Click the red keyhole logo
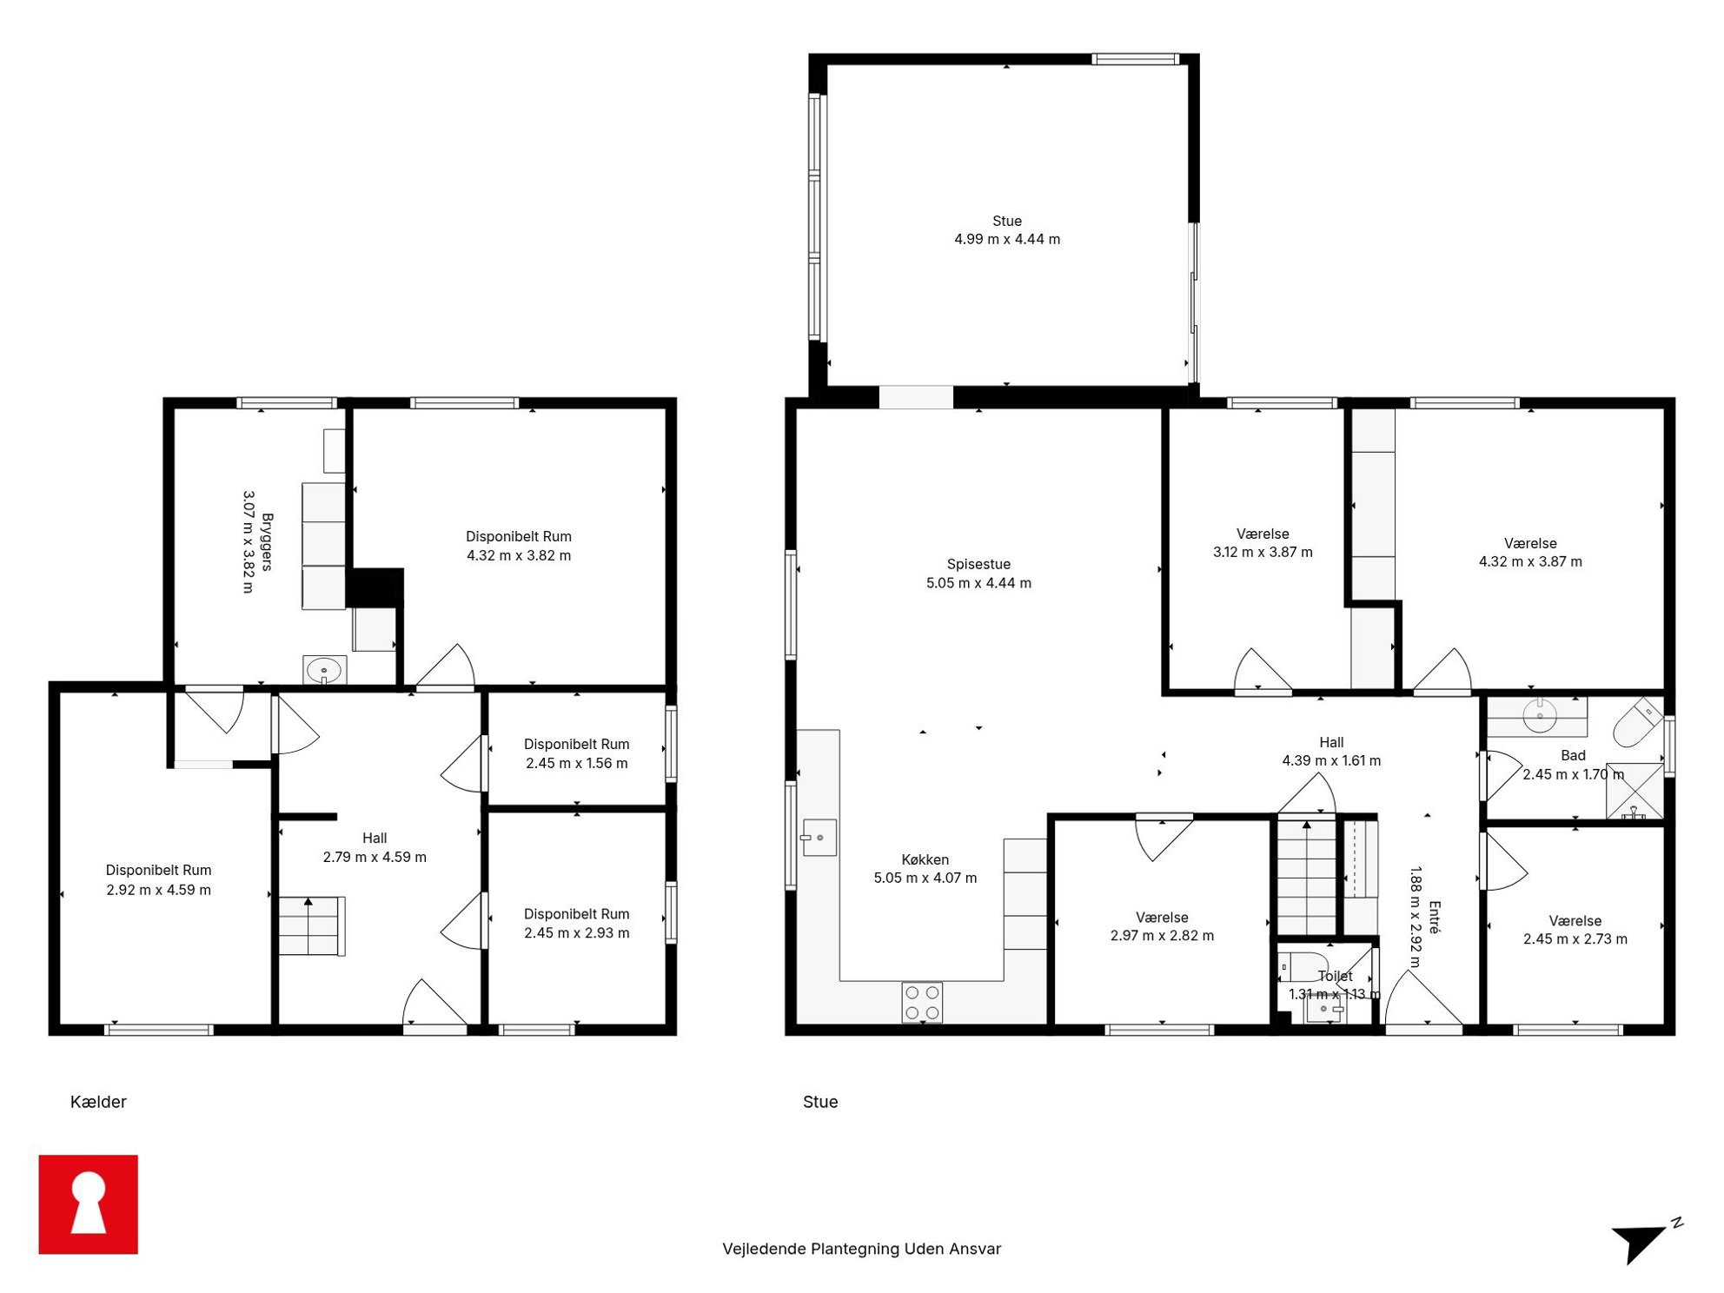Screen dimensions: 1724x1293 coord(88,1203)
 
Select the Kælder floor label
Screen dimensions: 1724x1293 coord(98,1102)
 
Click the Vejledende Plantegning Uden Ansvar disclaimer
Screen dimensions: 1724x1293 coord(861,1249)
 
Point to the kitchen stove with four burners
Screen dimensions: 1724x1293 coord(922,1002)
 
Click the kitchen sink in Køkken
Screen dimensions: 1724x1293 coord(819,838)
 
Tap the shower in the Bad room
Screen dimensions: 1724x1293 coord(1634,792)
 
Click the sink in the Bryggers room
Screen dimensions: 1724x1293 coord(324,670)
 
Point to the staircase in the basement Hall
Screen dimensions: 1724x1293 coord(311,926)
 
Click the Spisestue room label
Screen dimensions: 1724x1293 coord(978,564)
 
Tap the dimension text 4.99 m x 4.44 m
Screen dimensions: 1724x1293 coord(1007,239)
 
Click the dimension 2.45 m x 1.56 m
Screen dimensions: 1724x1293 coord(576,763)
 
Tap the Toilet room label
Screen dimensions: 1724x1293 coord(1335,976)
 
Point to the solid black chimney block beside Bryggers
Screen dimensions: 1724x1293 coord(375,587)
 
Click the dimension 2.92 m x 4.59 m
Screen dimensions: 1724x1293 coord(158,890)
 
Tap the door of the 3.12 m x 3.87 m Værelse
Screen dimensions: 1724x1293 coord(1263,672)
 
